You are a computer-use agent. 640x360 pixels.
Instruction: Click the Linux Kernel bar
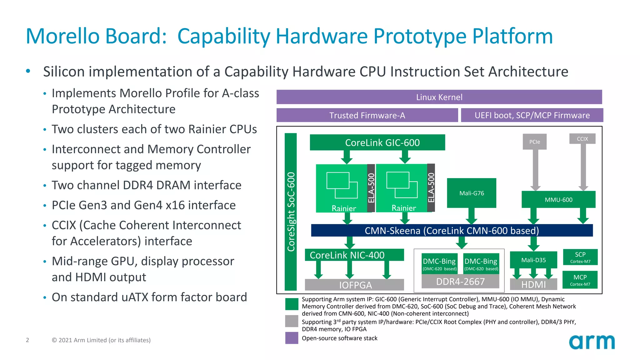(439, 97)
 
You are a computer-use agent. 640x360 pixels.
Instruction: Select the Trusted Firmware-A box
(367, 115)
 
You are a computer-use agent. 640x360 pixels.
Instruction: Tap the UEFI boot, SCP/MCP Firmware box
(532, 115)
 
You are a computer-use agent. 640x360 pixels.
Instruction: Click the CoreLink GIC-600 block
(377, 142)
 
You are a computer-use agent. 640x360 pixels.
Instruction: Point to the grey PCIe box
(535, 142)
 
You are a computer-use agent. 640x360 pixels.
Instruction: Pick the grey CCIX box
(582, 139)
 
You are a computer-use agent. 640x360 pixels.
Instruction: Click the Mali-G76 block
(472, 193)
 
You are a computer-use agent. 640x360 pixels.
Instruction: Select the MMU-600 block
(558, 200)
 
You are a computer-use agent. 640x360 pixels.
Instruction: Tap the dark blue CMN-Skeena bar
(452, 231)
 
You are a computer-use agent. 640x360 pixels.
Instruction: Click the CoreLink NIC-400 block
(354, 255)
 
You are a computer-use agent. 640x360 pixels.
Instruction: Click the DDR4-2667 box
(460, 282)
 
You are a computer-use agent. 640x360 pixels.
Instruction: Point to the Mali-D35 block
(533, 260)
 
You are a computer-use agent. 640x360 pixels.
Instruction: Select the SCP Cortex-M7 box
(580, 257)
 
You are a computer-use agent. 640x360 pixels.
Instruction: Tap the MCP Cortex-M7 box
(580, 280)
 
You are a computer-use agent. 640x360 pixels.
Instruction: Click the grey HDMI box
(533, 284)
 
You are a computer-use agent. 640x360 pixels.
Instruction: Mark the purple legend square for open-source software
(292, 338)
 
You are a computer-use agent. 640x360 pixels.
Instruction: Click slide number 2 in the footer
(27, 340)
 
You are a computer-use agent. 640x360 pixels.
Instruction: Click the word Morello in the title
(62, 36)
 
